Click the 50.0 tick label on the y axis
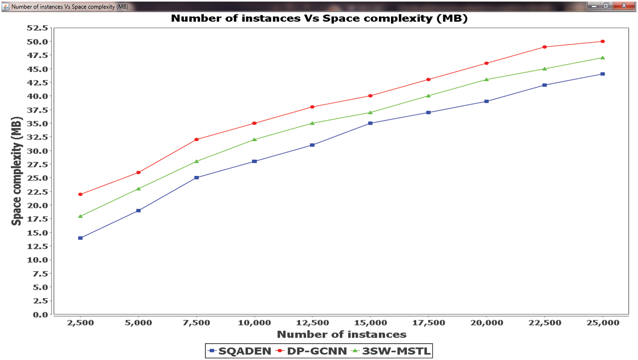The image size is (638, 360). pyautogui.click(x=38, y=42)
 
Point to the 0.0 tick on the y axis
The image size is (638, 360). pyautogui.click(x=40, y=315)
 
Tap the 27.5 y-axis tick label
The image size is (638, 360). pyautogui.click(x=38, y=165)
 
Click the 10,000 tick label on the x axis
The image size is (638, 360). pyautogui.click(x=254, y=323)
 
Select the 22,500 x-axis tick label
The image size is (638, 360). pyautogui.click(x=545, y=323)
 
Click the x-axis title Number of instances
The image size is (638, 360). pyautogui.click(x=341, y=334)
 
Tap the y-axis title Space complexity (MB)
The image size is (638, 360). pyautogui.click(x=16, y=171)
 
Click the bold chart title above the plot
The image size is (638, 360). pyautogui.click(x=319, y=18)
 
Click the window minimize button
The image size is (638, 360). pyautogui.click(x=594, y=6)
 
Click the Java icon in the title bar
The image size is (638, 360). pyautogui.click(x=6, y=6)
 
